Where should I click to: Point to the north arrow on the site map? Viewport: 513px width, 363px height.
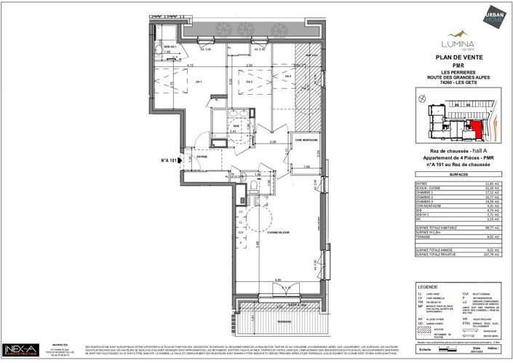coord(421,95)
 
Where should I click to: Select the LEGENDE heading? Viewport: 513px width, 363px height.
coord(427,287)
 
